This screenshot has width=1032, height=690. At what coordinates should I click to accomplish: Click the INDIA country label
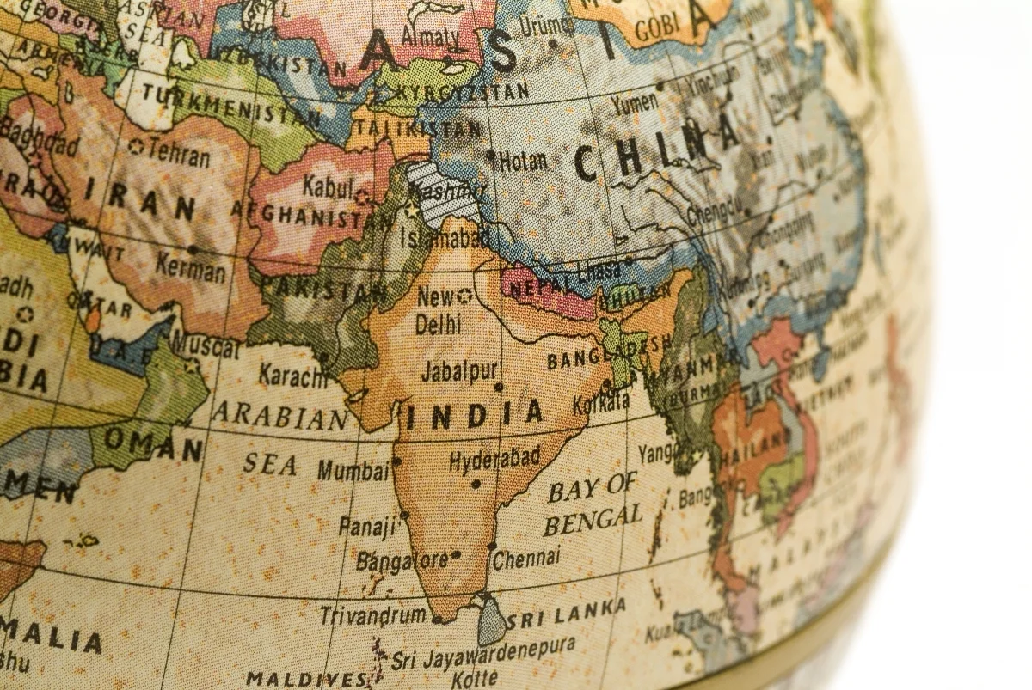tap(474, 415)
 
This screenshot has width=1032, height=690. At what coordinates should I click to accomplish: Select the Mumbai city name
tap(353, 470)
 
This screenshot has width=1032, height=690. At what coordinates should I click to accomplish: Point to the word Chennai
tap(526, 559)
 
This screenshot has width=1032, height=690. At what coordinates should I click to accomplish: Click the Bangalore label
tap(402, 561)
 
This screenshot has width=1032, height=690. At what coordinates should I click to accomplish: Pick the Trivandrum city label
tap(372, 615)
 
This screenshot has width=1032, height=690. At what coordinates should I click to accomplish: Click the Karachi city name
tap(293, 375)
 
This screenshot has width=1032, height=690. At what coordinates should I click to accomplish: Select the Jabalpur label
tap(459, 371)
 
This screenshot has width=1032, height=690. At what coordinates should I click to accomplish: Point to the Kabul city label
tap(328, 186)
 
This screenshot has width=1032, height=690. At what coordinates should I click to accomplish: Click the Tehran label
tap(178, 154)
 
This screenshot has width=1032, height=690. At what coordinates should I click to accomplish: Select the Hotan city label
tap(523, 161)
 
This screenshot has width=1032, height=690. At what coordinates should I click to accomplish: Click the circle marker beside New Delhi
tap(464, 296)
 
